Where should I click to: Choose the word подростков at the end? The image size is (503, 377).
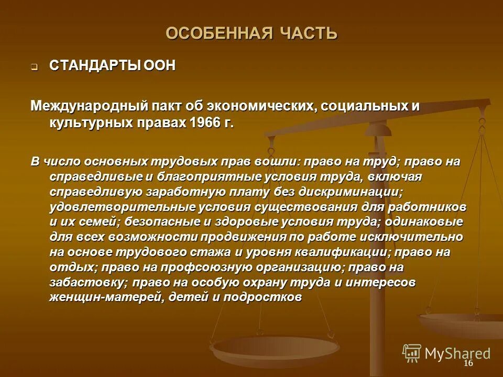click(x=263, y=297)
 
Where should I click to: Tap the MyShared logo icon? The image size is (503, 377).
click(x=411, y=353)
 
